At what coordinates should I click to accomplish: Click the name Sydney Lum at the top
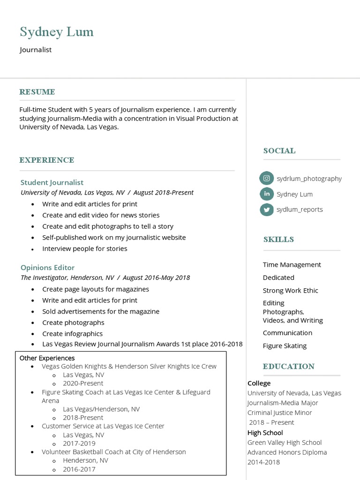(x=57, y=32)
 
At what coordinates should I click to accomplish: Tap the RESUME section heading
(x=37, y=92)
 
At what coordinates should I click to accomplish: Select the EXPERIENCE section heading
(x=47, y=160)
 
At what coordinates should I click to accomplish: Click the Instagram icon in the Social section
(x=266, y=178)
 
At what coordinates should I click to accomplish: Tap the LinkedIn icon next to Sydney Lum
(x=266, y=194)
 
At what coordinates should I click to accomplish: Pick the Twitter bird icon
(x=266, y=210)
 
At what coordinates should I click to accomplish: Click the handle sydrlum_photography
(x=309, y=179)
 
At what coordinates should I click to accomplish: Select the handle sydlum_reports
(x=300, y=210)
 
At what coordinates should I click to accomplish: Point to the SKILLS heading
(x=278, y=240)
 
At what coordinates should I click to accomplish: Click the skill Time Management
(x=292, y=265)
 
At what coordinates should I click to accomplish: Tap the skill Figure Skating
(x=285, y=346)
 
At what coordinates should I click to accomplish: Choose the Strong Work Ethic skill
(x=290, y=291)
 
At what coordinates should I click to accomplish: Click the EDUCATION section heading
(x=288, y=367)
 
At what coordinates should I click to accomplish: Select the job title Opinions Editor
(x=47, y=268)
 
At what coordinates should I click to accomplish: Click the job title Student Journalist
(x=52, y=182)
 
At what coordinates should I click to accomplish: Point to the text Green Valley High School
(x=285, y=442)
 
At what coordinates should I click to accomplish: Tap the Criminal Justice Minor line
(x=279, y=413)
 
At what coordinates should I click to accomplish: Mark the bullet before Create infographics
(x=32, y=334)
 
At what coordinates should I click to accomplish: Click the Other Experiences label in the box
(x=47, y=358)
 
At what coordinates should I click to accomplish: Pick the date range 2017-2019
(x=79, y=443)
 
